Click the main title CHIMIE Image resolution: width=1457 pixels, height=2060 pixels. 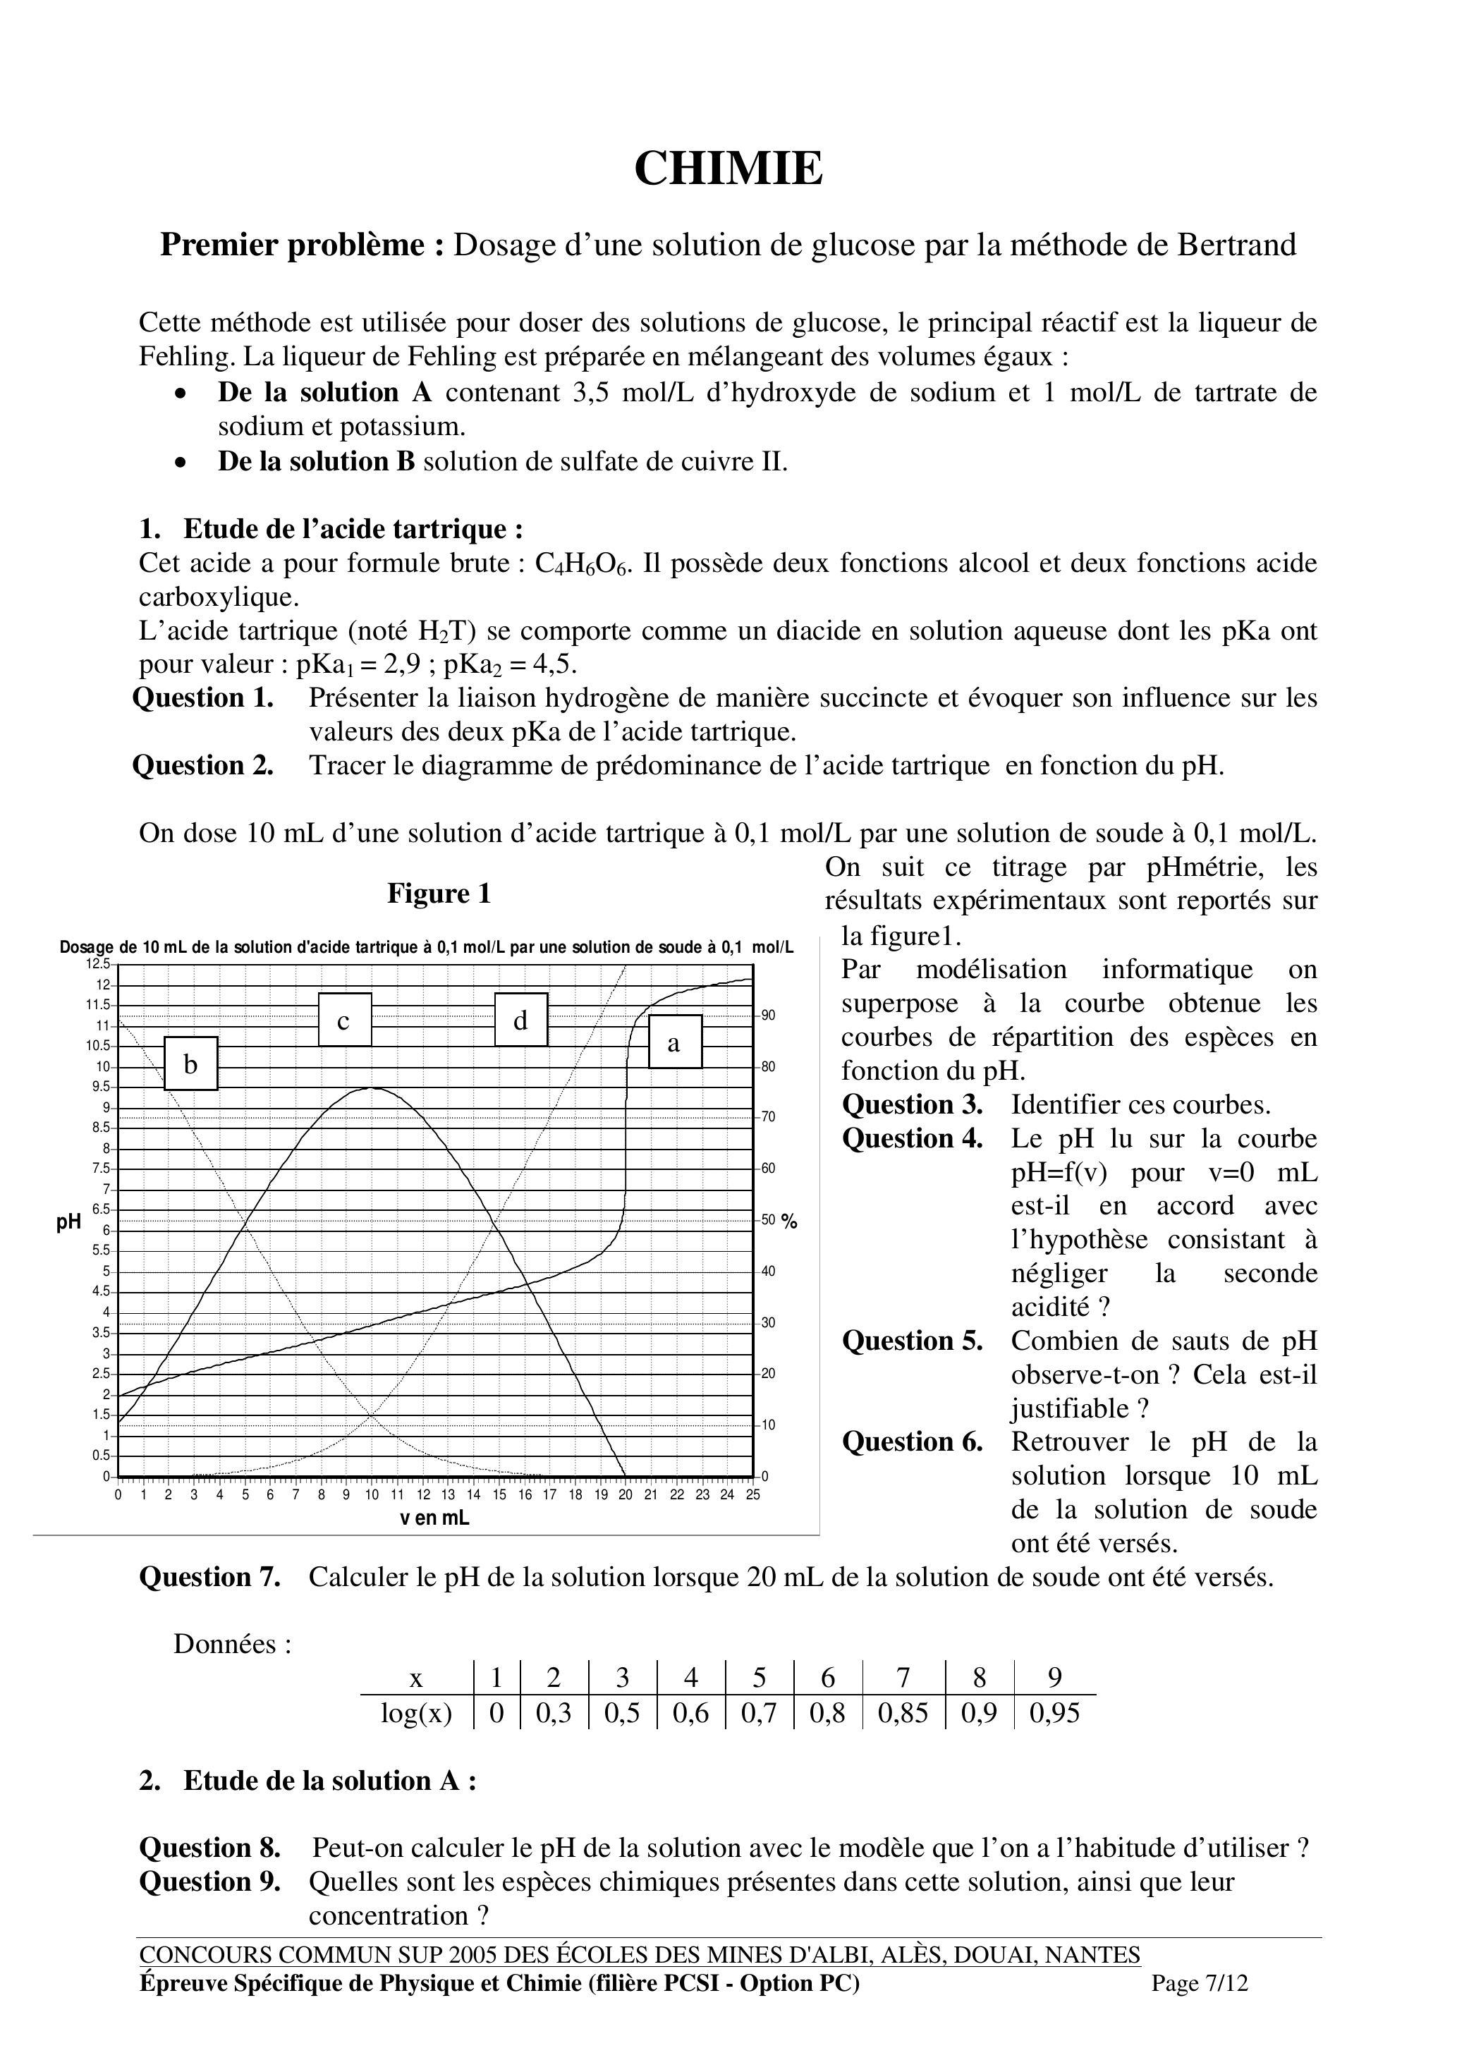coord(728,169)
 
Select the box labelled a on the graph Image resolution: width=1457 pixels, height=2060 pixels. coord(675,1042)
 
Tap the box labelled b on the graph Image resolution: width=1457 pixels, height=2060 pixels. coord(191,1063)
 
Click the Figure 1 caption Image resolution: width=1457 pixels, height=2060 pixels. coord(439,894)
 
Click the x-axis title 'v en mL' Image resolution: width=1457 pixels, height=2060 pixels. coord(434,1518)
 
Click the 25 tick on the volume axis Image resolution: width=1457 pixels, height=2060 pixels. coord(752,1495)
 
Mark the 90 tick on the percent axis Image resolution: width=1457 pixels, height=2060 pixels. coord(769,1016)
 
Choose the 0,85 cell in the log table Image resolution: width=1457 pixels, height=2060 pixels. coord(903,1714)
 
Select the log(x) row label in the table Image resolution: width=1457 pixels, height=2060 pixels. coord(416,1714)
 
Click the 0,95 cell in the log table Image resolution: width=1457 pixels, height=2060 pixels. coord(1054,1714)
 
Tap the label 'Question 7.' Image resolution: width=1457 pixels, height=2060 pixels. coord(209,1578)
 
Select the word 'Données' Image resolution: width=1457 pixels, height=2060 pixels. coord(232,1644)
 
